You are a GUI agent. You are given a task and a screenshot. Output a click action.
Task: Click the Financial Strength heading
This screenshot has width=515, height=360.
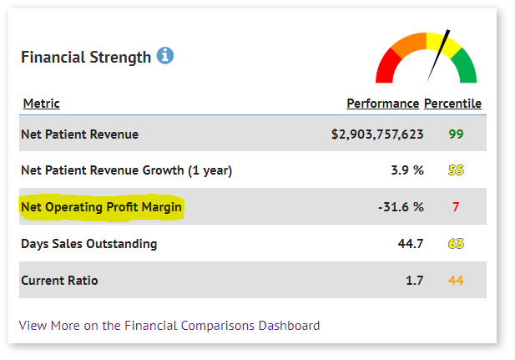[x=86, y=58]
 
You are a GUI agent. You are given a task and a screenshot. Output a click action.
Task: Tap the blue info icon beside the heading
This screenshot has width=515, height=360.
[x=165, y=56]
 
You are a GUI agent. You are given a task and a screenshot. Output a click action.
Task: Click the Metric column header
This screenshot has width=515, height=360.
[x=41, y=104]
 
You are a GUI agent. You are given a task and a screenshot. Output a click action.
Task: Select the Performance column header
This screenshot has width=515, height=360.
[x=382, y=104]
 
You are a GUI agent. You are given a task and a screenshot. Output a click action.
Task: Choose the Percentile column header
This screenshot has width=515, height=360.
[x=452, y=104]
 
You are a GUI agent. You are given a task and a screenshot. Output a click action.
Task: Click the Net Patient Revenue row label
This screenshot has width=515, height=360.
[x=79, y=134]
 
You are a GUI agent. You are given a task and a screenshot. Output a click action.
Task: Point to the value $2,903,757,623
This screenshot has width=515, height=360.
[x=377, y=134]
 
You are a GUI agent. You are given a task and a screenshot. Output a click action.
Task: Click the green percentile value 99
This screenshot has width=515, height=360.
[x=455, y=134]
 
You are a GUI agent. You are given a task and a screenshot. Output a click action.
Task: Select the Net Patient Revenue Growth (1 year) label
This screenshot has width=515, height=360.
[x=126, y=170]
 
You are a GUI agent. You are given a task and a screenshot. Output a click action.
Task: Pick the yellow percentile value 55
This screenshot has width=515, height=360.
[x=455, y=170]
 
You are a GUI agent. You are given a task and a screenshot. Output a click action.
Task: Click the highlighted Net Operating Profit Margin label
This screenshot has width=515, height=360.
[x=101, y=206]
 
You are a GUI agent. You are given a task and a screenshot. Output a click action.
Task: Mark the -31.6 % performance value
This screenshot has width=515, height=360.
[x=401, y=207]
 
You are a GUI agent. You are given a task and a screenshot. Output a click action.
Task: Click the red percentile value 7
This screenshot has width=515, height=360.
[x=456, y=207]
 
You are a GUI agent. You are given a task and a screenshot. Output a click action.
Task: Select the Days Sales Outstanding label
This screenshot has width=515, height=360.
[x=88, y=244]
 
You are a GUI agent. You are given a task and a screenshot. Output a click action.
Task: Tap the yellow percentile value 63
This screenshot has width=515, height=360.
[x=455, y=244]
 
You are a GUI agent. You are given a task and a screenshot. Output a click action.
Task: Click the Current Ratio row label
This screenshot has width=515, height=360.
[x=59, y=281]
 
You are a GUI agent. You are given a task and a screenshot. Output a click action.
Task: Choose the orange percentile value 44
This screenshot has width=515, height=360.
[x=455, y=281]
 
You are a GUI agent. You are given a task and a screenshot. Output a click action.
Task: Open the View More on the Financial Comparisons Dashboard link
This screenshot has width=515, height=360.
[x=169, y=326]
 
